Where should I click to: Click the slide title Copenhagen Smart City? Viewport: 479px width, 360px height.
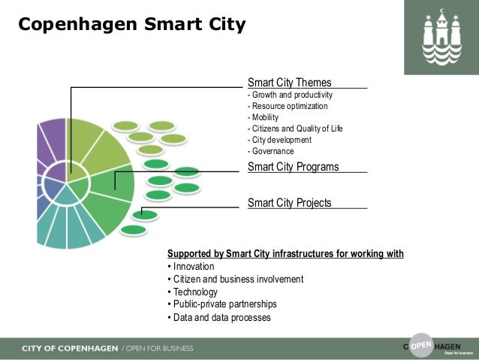point(131,25)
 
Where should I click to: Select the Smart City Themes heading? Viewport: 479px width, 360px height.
point(289,83)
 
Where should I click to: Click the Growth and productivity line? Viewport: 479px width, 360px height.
point(290,95)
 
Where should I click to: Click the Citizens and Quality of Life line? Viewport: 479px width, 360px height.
point(295,129)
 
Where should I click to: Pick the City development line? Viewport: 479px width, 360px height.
point(279,140)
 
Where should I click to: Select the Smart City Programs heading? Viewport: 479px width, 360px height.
point(293,167)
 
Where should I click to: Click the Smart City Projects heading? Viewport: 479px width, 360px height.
point(289,202)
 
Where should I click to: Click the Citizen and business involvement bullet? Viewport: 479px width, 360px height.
point(234,280)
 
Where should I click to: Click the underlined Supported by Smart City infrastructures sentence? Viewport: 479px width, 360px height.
point(285,254)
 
